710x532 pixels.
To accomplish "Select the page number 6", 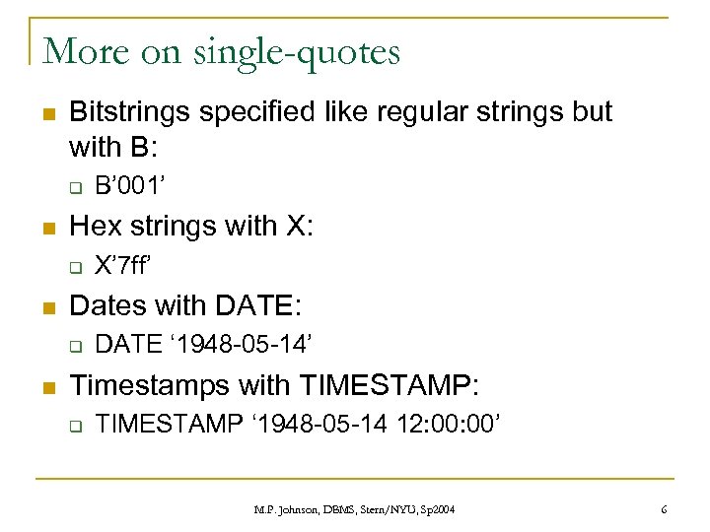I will tap(664, 509).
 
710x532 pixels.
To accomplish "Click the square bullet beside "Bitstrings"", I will tap(46, 113).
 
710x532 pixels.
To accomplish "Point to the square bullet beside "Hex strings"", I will tap(46, 228).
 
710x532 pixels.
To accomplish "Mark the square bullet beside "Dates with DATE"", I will tap(46, 306).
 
